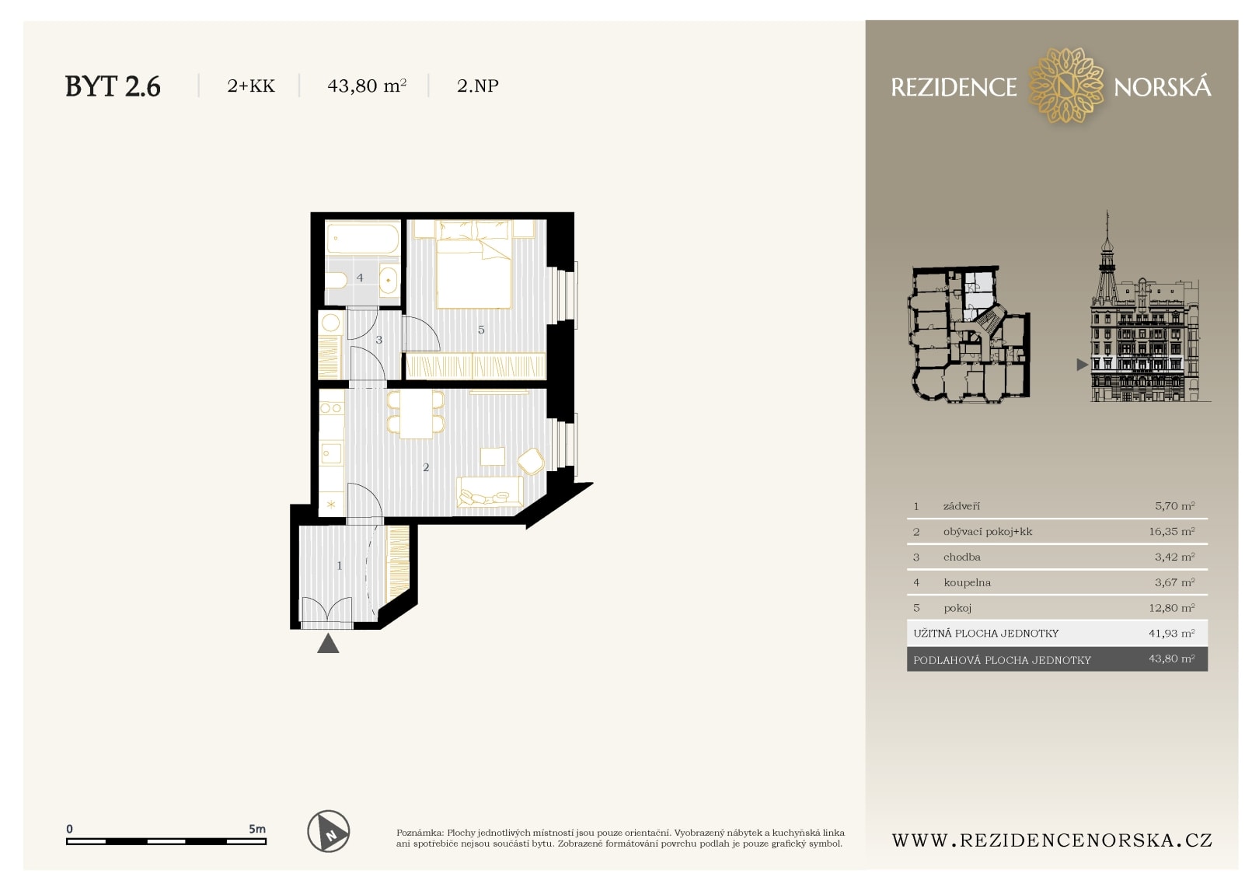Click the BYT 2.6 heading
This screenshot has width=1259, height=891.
click(113, 86)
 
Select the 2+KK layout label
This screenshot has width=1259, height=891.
click(250, 86)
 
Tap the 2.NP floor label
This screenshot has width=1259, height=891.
click(477, 86)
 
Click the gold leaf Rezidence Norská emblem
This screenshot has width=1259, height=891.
click(1065, 86)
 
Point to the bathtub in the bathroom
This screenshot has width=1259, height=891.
click(362, 239)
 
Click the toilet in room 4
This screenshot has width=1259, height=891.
click(337, 280)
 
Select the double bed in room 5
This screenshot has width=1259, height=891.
click(473, 268)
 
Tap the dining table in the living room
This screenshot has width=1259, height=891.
click(417, 414)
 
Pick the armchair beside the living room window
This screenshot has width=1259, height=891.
click(532, 461)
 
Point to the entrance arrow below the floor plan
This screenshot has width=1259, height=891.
click(328, 644)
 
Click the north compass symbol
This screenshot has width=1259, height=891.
click(328, 831)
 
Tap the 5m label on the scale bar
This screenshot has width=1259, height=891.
click(256, 829)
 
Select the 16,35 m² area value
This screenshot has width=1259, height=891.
click(1171, 532)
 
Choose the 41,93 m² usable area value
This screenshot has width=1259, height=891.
click(1171, 634)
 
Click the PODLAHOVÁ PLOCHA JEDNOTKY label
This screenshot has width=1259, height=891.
click(1002, 660)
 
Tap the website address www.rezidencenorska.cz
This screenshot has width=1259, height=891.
click(1051, 840)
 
